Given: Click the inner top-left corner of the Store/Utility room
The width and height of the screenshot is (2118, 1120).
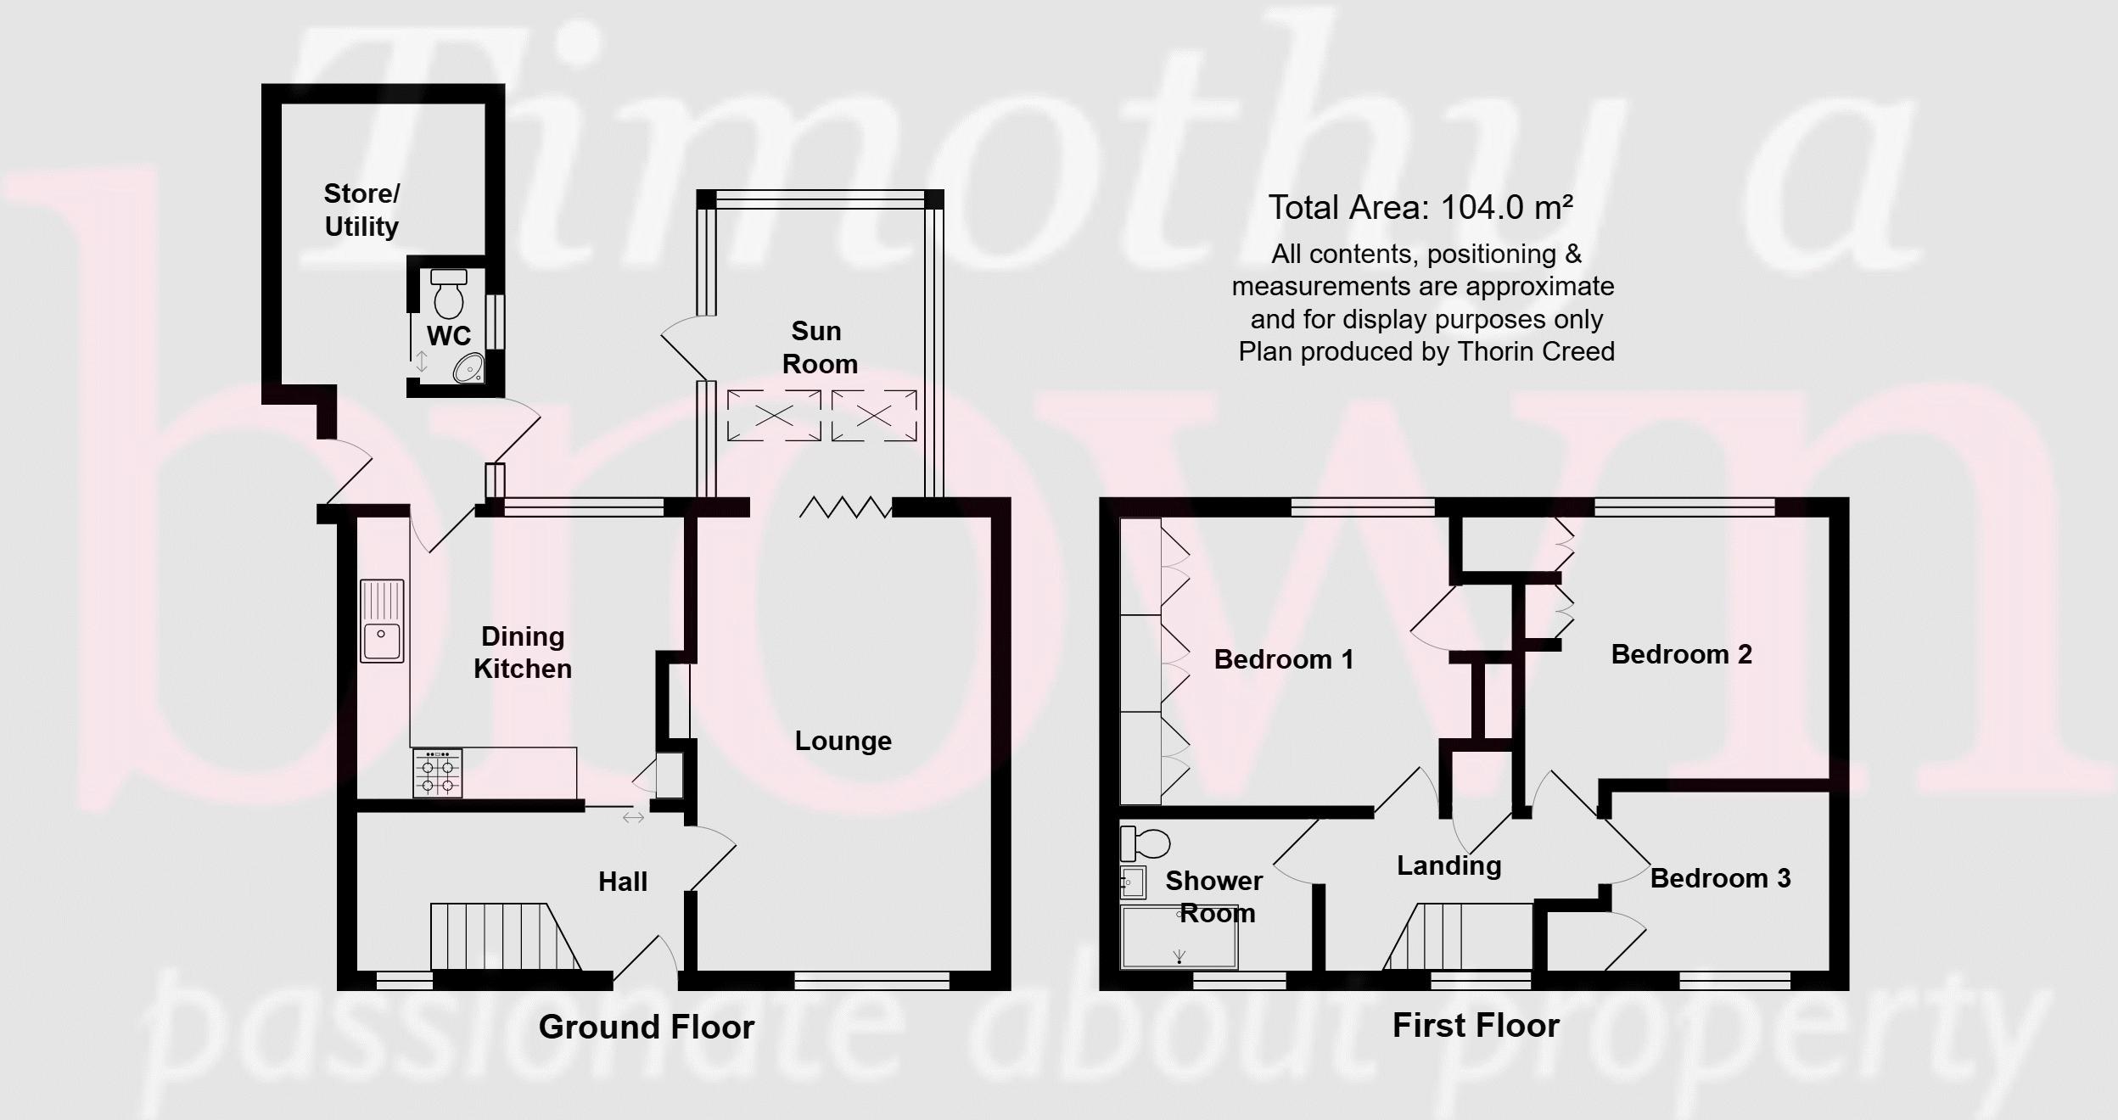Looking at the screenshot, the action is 282,104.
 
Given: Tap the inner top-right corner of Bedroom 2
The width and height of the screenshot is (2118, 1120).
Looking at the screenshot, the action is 1828,518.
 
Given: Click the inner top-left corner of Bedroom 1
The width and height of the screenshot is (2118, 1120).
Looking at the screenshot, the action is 1120,518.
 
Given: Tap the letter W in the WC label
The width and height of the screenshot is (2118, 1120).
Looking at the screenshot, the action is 439,336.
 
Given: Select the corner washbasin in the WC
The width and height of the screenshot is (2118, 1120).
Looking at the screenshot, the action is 470,368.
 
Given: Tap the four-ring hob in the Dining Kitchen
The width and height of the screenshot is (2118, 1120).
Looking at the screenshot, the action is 438,773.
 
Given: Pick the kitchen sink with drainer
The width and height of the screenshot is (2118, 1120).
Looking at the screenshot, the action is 383,621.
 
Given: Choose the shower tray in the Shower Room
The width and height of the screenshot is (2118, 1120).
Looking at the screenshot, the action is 1179,938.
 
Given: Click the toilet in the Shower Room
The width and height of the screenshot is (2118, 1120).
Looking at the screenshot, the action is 1145,844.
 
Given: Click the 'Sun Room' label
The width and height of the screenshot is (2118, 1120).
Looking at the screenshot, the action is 819,347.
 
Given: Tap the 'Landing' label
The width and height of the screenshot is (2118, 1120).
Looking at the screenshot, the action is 1449,865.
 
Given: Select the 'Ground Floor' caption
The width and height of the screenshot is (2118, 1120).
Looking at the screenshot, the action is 647,1028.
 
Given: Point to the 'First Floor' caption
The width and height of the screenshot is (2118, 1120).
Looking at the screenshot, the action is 1476,1026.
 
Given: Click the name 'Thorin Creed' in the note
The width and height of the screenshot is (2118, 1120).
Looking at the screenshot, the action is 1536,351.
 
